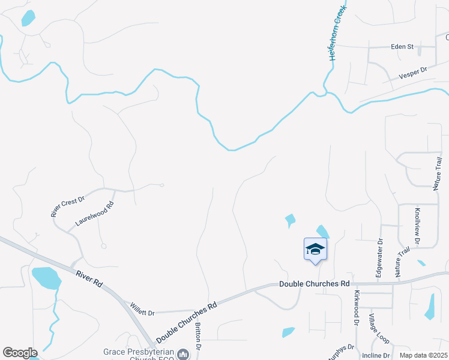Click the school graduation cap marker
[x=315, y=249]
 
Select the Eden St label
[x=402, y=46]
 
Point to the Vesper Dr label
[x=412, y=74]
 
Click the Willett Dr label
[x=142, y=313]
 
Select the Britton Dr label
[x=197, y=338]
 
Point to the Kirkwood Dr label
[x=356, y=308]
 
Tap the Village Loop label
[x=379, y=328]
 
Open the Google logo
[x=19, y=353]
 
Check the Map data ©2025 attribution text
[x=423, y=355]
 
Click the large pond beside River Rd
[x=46, y=278]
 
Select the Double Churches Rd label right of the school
[x=314, y=283]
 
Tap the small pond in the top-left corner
[x=28, y=19]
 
